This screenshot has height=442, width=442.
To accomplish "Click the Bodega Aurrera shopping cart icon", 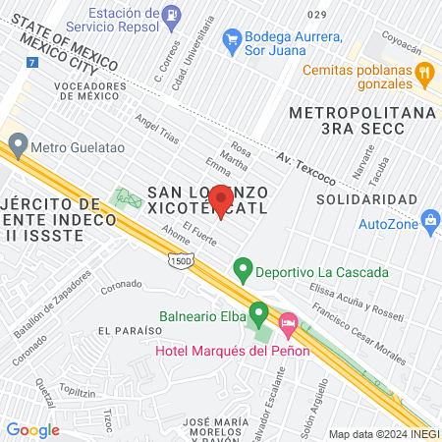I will coord(234,39).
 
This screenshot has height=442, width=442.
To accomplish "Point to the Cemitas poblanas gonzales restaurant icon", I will coord(424,72).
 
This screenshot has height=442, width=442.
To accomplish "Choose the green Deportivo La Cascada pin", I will coord(242,268).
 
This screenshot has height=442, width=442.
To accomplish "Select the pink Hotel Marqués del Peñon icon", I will coord(289,322).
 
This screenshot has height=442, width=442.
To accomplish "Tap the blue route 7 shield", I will coord(32,62).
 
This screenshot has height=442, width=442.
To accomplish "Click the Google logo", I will coord(32,429).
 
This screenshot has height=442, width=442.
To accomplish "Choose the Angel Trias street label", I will coord(157,130).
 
